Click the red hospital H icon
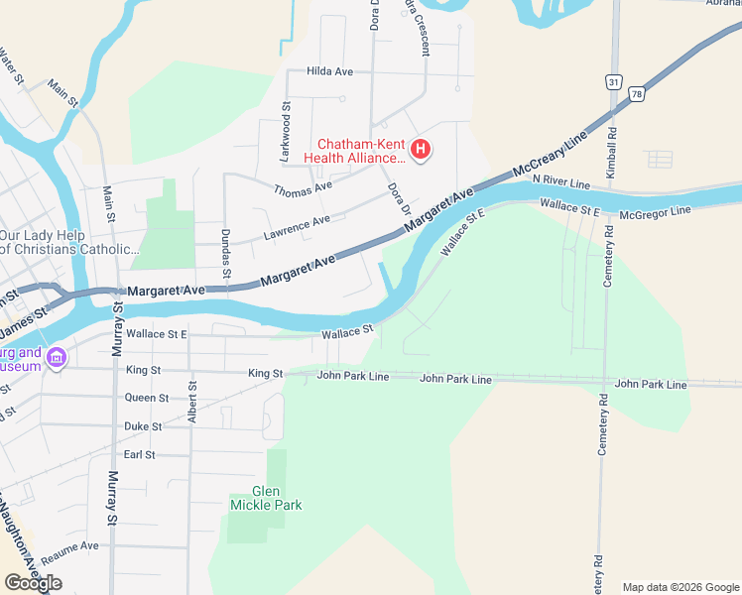pyautogui.click(x=421, y=150)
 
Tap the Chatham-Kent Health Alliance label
pyautogui.click(x=359, y=150)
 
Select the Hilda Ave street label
pyautogui.click(x=330, y=72)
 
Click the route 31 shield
pyautogui.click(x=615, y=82)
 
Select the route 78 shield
pyautogui.click(x=636, y=93)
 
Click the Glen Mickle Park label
pyautogui.click(x=265, y=498)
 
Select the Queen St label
pyautogui.click(x=147, y=398)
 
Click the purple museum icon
pyautogui.click(x=57, y=357)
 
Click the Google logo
pyautogui.click(x=33, y=583)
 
